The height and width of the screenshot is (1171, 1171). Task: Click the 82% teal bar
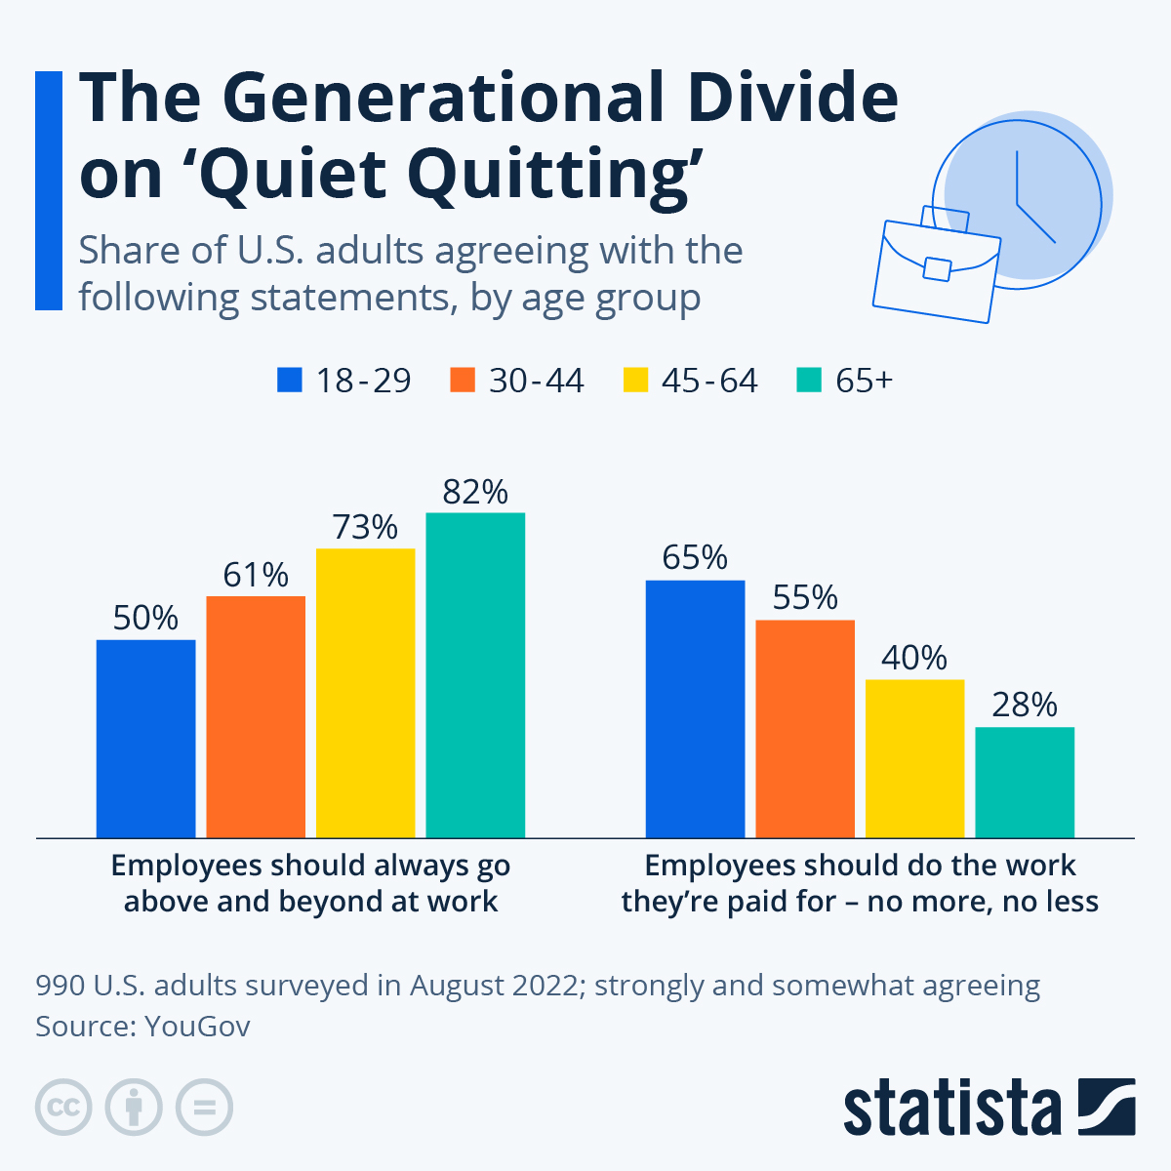click(x=475, y=674)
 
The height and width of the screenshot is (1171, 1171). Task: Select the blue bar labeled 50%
click(x=145, y=738)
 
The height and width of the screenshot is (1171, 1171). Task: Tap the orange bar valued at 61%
click(x=256, y=716)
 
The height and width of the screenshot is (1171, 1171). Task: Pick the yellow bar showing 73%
click(x=365, y=693)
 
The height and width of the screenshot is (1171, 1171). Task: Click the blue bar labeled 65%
click(x=695, y=708)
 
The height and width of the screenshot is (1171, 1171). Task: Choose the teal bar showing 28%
click(x=1025, y=782)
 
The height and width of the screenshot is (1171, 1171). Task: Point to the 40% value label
click(x=914, y=658)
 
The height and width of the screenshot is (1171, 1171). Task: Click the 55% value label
click(x=805, y=597)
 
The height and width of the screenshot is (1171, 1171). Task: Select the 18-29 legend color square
click(x=290, y=380)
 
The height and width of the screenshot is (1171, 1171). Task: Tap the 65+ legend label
click(x=864, y=380)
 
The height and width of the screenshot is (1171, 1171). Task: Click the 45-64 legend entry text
click(x=709, y=380)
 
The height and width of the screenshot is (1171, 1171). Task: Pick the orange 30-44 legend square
click(x=463, y=380)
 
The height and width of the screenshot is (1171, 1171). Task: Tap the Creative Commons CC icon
click(x=63, y=1108)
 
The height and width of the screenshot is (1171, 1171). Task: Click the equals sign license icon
click(x=205, y=1108)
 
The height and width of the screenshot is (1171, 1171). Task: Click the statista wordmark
click(x=952, y=1108)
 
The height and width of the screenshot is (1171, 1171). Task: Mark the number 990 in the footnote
click(x=61, y=986)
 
